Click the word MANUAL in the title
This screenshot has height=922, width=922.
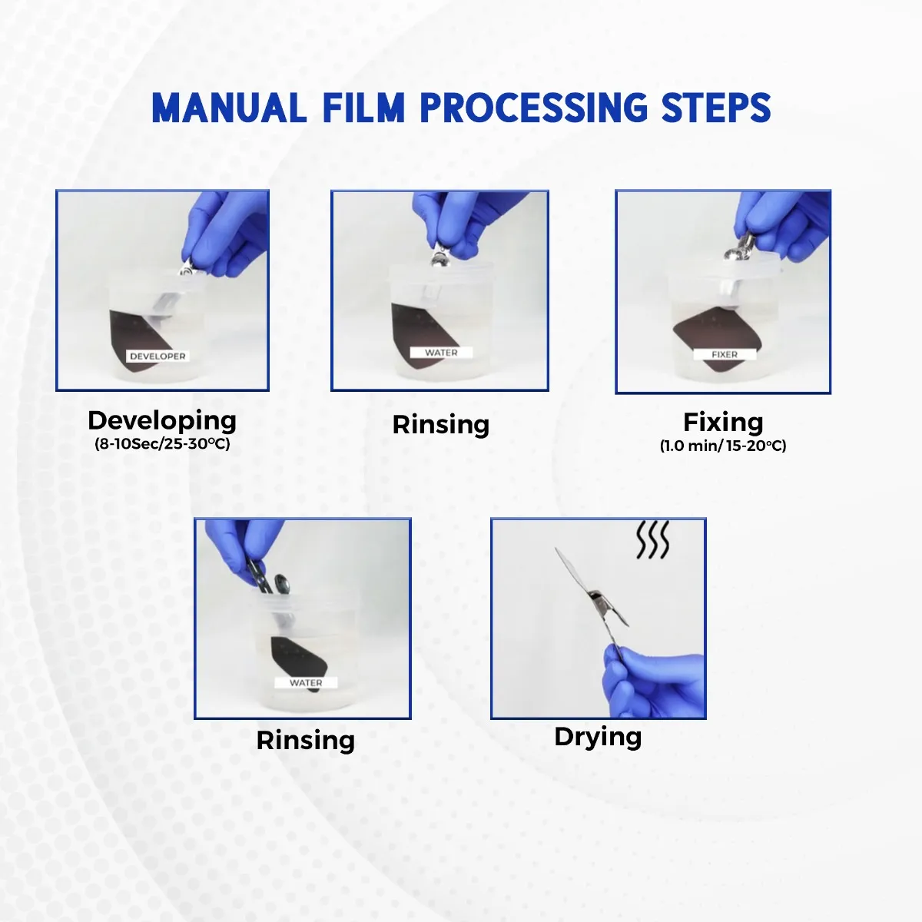pyautogui.click(x=228, y=108)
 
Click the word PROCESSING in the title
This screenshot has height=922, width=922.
pyautogui.click(x=534, y=108)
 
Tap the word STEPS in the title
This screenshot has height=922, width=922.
pyautogui.click(x=716, y=108)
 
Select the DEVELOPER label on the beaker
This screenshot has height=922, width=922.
pyautogui.click(x=158, y=357)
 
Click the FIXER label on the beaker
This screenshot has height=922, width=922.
pyautogui.click(x=725, y=354)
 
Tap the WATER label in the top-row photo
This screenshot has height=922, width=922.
pyautogui.click(x=441, y=353)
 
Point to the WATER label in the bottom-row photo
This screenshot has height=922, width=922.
pyautogui.click(x=306, y=682)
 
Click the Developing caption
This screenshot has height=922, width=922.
pyautogui.click(x=162, y=420)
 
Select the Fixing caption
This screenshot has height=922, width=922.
pyautogui.click(x=723, y=422)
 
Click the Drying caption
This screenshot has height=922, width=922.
pyautogui.click(x=598, y=736)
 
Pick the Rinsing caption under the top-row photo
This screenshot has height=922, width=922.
pyautogui.click(x=441, y=424)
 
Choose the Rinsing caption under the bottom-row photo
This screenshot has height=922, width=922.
pyautogui.click(x=305, y=740)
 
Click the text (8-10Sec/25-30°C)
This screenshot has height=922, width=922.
pyautogui.click(x=162, y=444)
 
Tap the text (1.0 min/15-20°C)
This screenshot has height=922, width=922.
pyautogui.click(x=723, y=446)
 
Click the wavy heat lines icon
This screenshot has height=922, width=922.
pyautogui.click(x=652, y=540)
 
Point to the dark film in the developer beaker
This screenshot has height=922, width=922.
pyautogui.click(x=131, y=338)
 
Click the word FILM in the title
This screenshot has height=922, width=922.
pyautogui.click(x=363, y=108)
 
